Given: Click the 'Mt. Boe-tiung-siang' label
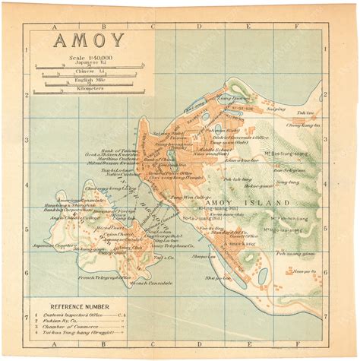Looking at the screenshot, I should tap(284, 154).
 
